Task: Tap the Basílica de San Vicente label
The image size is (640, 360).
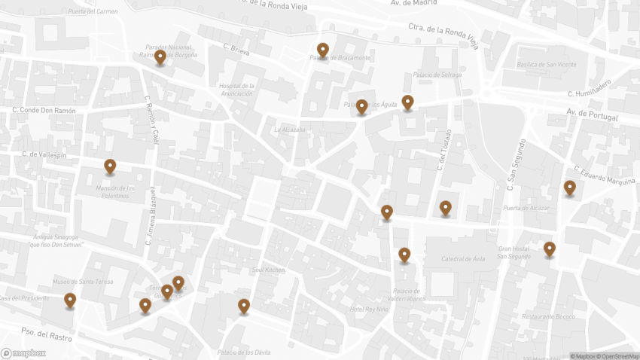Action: tap(547, 65)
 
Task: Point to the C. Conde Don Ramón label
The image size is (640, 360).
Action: tap(44, 111)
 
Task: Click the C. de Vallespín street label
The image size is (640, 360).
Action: tap(44, 154)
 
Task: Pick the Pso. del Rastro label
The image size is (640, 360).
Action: tap(47, 334)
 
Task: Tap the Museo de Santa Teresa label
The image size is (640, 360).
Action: tap(83, 282)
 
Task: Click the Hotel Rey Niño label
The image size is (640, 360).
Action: tap(369, 309)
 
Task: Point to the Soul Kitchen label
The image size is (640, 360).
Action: tap(269, 269)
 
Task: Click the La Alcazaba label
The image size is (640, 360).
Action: tap(290, 130)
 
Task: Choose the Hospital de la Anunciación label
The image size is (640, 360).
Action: tap(236, 90)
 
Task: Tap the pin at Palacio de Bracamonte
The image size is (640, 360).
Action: tap(323, 50)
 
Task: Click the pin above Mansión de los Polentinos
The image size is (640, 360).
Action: tap(110, 166)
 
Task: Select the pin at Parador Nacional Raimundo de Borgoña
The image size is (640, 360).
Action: tap(160, 56)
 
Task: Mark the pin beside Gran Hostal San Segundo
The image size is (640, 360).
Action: tap(550, 249)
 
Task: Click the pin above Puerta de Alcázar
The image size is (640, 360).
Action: tap(570, 187)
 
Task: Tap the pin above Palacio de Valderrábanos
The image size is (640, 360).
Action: tap(404, 255)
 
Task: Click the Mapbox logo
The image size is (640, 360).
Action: tap(23, 352)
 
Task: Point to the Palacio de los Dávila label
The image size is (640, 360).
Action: tap(244, 352)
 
